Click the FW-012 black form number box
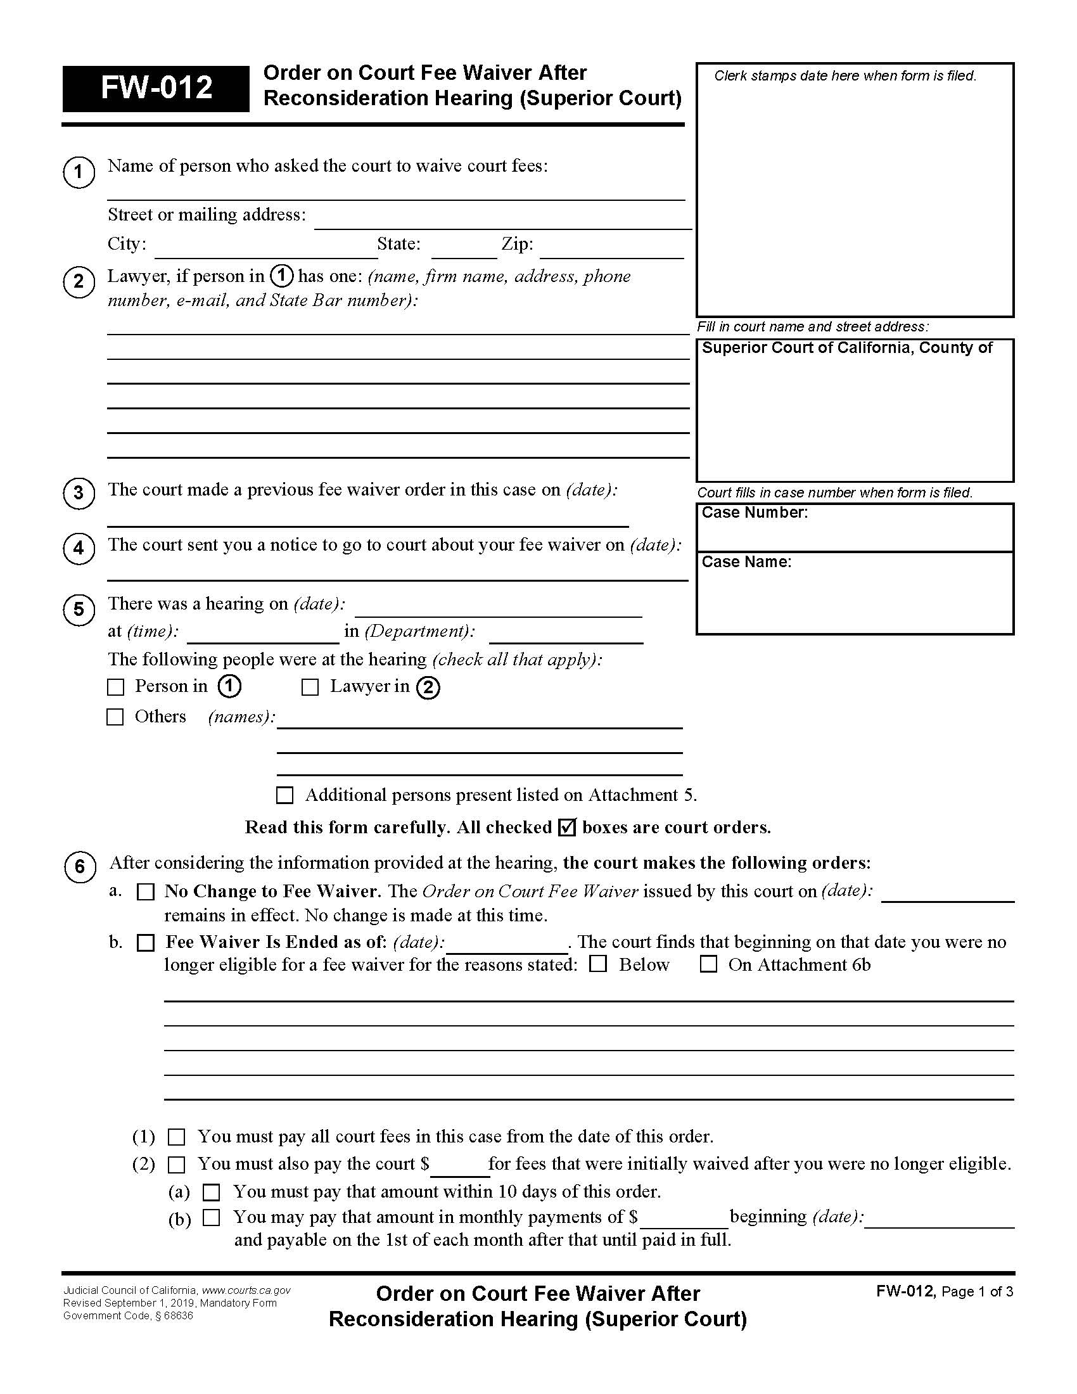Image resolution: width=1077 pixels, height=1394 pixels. pyautogui.click(x=156, y=88)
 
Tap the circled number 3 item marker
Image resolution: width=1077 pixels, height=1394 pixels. pyautogui.click(x=79, y=493)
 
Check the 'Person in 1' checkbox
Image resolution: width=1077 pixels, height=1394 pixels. pyautogui.click(x=115, y=687)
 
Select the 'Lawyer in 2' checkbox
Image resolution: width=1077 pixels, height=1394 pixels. pyautogui.click(x=310, y=687)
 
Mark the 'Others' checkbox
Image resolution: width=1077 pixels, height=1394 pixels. pyautogui.click(x=115, y=717)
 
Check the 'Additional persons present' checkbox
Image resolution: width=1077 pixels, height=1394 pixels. pyautogui.click(x=284, y=795)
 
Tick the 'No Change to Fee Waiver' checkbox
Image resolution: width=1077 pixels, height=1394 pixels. pyautogui.click(x=146, y=892)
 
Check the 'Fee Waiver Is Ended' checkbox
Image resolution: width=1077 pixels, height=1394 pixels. pyautogui.click(x=146, y=943)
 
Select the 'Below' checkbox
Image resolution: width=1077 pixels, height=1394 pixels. pyautogui.click(x=598, y=964)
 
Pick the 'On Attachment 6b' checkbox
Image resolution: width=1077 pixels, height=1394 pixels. pyautogui.click(x=708, y=964)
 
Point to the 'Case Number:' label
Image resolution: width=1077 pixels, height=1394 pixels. pyautogui.click(x=754, y=513)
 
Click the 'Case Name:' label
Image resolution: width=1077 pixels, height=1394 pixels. pyautogui.click(x=746, y=561)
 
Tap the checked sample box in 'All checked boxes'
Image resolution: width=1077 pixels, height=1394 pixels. pyautogui.click(x=566, y=827)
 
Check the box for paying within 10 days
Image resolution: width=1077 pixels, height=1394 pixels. pyautogui.click(x=211, y=1192)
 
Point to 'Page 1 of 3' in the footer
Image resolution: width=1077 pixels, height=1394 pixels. pyautogui.click(x=977, y=1292)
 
